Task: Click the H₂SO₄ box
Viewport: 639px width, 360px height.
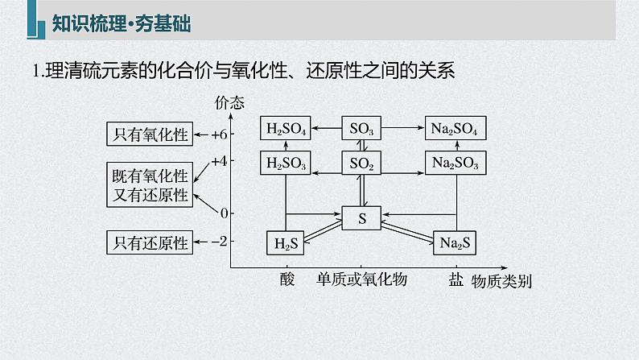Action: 287,129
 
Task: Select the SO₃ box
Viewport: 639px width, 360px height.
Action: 362,129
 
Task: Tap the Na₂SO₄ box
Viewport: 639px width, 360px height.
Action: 456,129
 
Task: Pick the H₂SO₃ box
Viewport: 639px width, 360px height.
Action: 287,163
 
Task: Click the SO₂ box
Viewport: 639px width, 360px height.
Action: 362,163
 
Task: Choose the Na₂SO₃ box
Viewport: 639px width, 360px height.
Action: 456,163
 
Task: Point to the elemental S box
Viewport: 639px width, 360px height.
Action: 362,217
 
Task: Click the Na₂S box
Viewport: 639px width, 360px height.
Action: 456,242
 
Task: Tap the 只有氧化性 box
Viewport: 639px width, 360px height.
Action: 150,134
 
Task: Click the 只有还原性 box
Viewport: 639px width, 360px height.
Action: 150,241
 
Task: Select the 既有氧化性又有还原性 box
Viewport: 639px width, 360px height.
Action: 150,184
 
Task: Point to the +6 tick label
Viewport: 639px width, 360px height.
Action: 217,134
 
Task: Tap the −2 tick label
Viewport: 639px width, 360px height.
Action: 217,241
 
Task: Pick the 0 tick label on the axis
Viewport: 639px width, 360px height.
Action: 223,213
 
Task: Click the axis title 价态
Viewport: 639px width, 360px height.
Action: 230,102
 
